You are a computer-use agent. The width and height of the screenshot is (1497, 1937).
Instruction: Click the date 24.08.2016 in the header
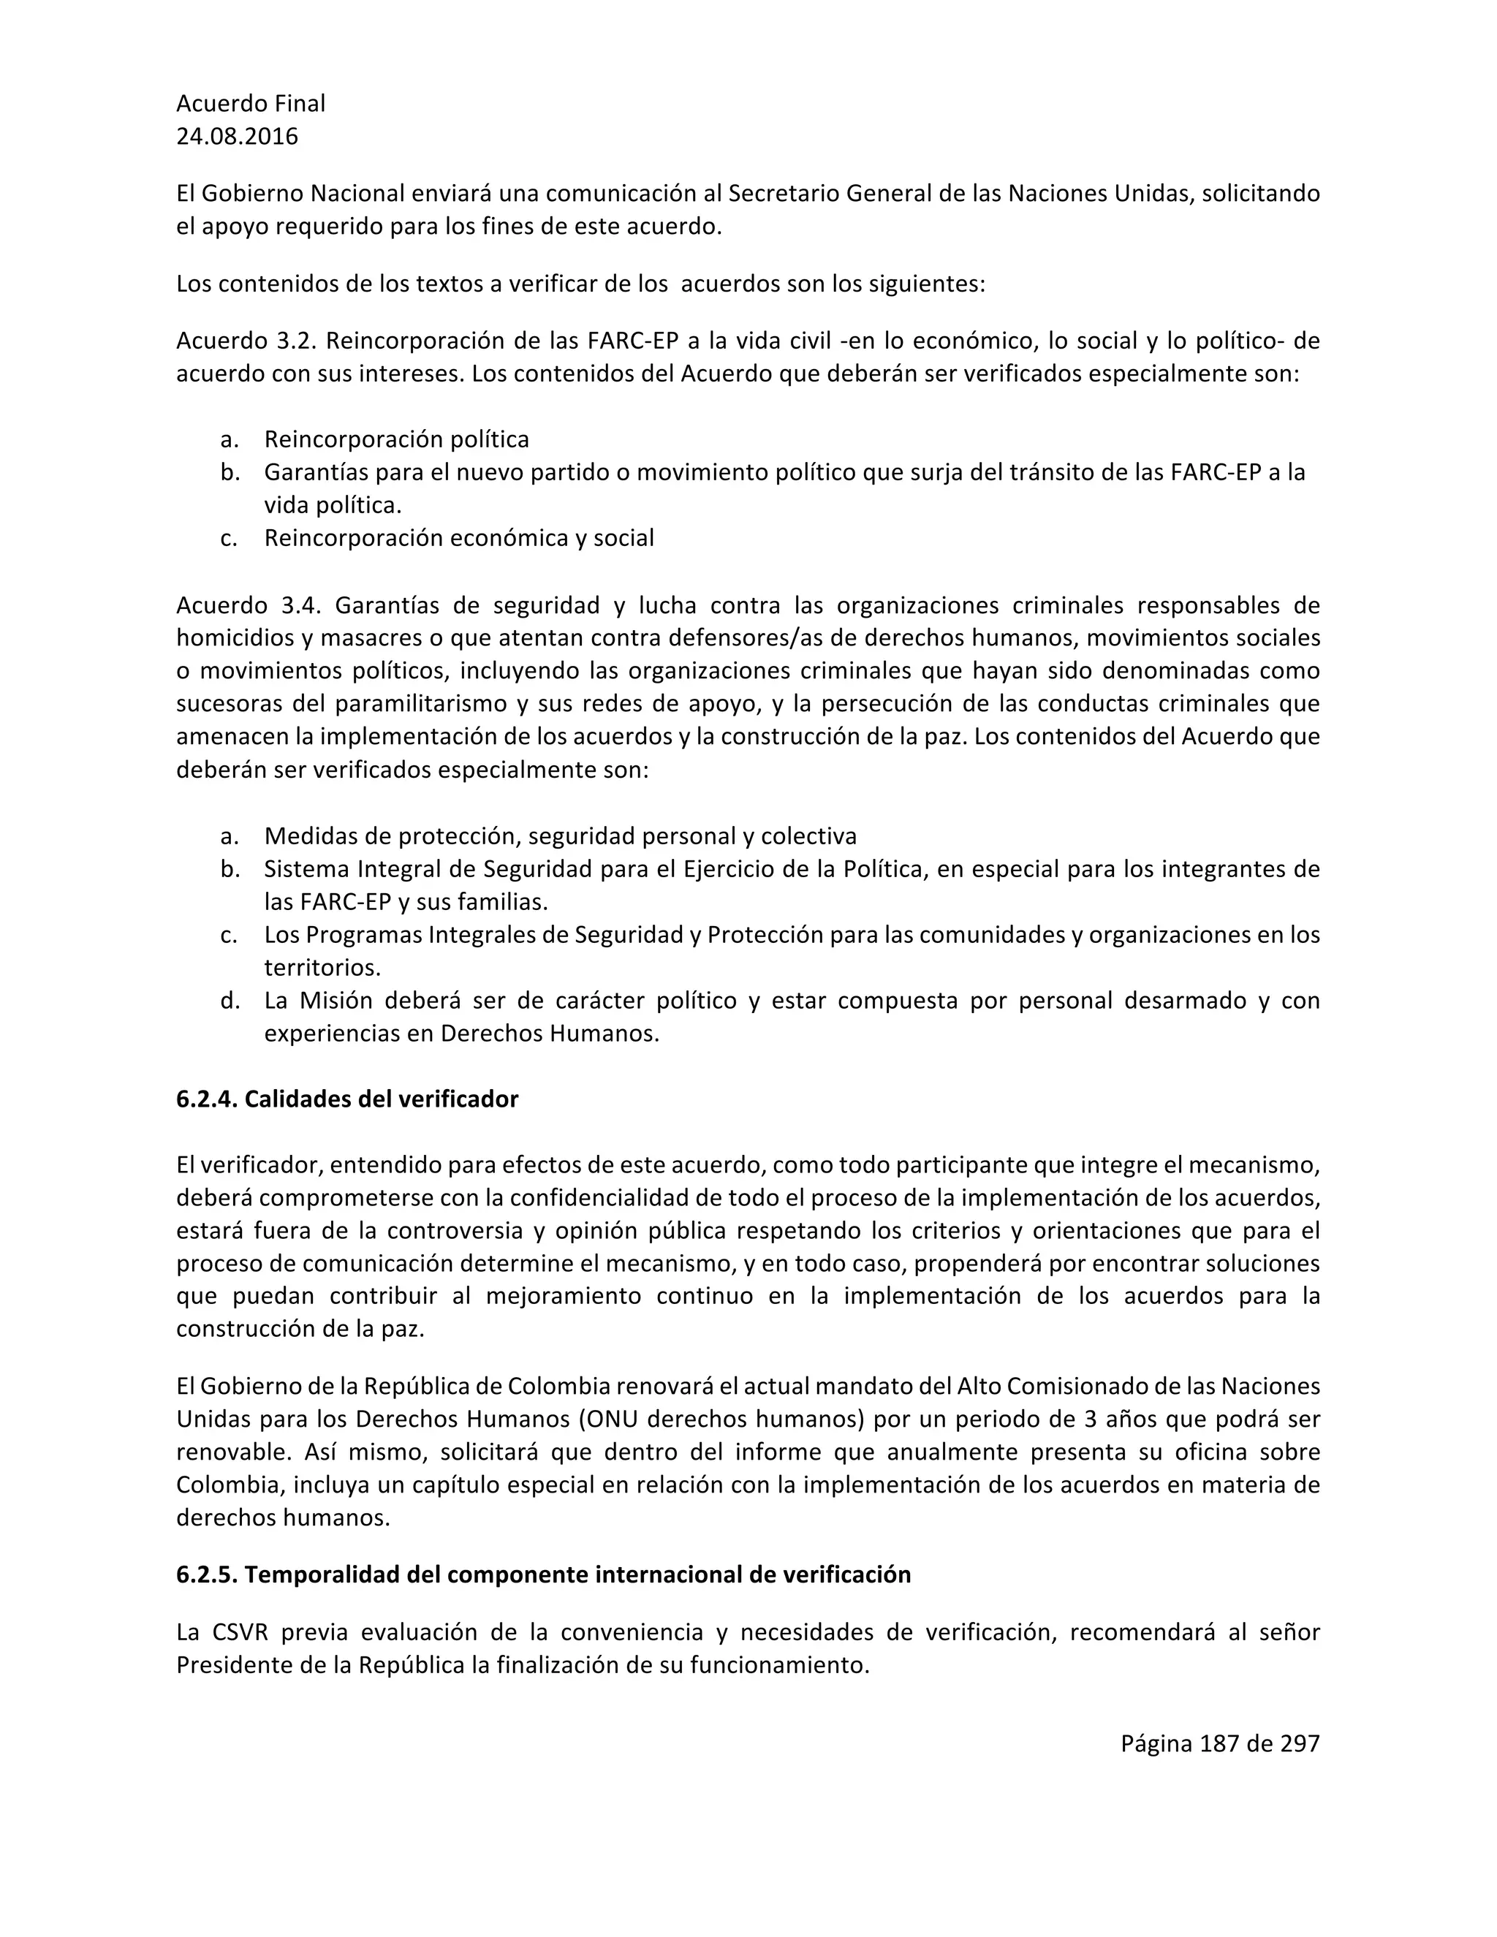click(x=237, y=137)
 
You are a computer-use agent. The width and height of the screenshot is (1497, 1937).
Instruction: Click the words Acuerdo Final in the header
click(x=250, y=104)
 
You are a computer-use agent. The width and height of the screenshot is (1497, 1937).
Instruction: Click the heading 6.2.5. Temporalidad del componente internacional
click(x=543, y=1574)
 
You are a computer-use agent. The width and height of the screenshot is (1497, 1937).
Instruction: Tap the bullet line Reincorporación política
click(x=396, y=439)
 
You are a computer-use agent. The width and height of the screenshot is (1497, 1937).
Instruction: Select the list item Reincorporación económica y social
click(x=458, y=537)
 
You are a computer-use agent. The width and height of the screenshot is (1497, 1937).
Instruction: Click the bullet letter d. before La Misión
click(x=230, y=1001)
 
